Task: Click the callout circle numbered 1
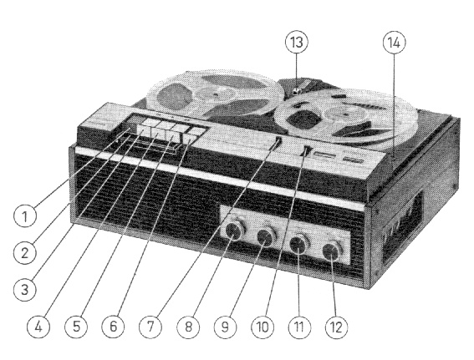[25, 216]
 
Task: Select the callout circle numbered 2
[25, 253]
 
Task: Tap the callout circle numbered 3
[25, 290]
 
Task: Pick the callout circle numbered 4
[38, 327]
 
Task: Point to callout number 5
[76, 327]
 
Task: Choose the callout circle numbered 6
[113, 327]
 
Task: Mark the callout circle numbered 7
[150, 327]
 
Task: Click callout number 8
[188, 327]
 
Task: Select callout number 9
[225, 327]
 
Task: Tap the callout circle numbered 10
[262, 327]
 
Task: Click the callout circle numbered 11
[299, 327]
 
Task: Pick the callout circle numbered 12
[336, 327]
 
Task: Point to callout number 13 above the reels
[297, 43]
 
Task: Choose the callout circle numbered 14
[394, 43]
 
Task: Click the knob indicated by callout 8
[235, 231]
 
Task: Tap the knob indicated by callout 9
[267, 236]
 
